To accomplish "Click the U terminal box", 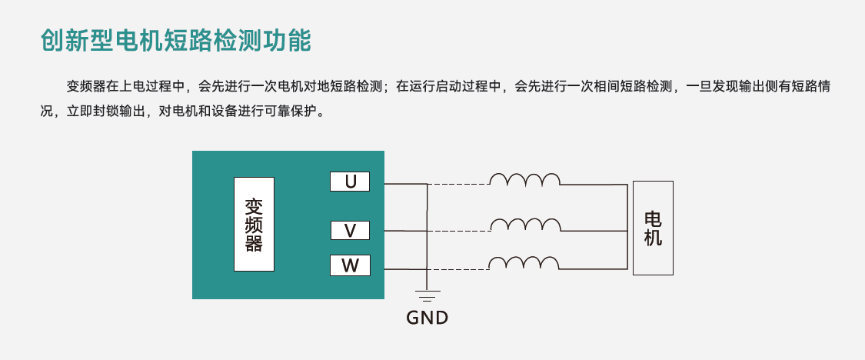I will tap(350, 182).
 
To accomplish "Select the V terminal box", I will tap(350, 231).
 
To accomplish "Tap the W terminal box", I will tap(350, 266).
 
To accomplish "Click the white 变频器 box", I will tap(254, 224).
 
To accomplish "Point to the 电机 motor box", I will tap(653, 228).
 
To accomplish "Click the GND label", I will tap(427, 317).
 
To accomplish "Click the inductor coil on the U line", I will tap(525, 180).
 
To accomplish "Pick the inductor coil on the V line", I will tap(525, 225).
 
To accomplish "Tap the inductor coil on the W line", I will tap(525, 263).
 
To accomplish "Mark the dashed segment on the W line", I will tap(458, 268).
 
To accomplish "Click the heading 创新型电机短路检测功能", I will tap(176, 40).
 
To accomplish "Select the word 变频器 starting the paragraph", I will tap(84, 86).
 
